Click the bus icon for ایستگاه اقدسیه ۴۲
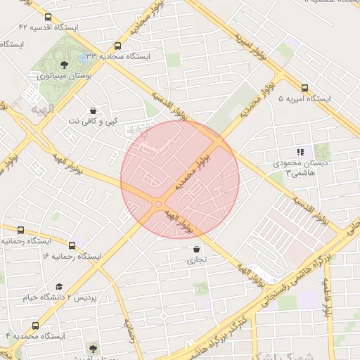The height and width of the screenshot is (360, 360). [x=48, y=18]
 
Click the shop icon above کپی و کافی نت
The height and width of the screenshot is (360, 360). [x=94, y=110]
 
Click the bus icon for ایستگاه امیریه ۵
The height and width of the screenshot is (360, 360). [x=304, y=89]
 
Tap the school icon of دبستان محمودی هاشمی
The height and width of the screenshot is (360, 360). [x=300, y=152]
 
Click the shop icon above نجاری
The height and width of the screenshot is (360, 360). [x=196, y=249]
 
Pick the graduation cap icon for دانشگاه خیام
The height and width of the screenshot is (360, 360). [x=59, y=286]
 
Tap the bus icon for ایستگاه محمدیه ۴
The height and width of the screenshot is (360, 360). [x=35, y=326]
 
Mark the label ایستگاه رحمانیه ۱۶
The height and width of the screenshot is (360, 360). [x=72, y=256]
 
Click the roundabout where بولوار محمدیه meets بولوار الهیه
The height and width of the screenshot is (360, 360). [x=157, y=204]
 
